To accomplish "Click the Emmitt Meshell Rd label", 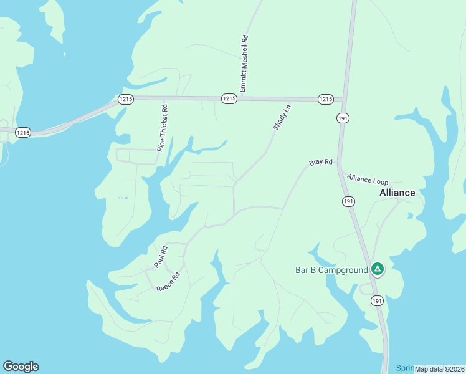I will [244, 64].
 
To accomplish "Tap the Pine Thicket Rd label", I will [163, 128].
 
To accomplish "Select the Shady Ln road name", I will [282, 117].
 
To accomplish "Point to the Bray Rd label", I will [321, 163].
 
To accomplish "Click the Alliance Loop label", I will [368, 179].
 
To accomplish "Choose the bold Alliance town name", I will [397, 193].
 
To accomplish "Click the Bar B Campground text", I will [331, 270].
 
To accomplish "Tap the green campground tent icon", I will [377, 269].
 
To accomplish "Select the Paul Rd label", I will [161, 257].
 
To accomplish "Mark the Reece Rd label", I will [168, 282].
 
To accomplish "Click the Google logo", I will [21, 367].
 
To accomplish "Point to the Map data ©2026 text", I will [440, 368].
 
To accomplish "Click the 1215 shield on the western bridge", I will [23, 133].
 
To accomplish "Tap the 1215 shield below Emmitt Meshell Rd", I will [229, 99].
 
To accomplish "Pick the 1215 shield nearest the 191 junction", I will [325, 99].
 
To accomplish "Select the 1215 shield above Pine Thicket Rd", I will [126, 99].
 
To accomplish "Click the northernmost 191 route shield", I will [343, 118].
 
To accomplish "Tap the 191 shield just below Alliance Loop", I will [348, 201].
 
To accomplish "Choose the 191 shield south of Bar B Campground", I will [377, 301].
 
